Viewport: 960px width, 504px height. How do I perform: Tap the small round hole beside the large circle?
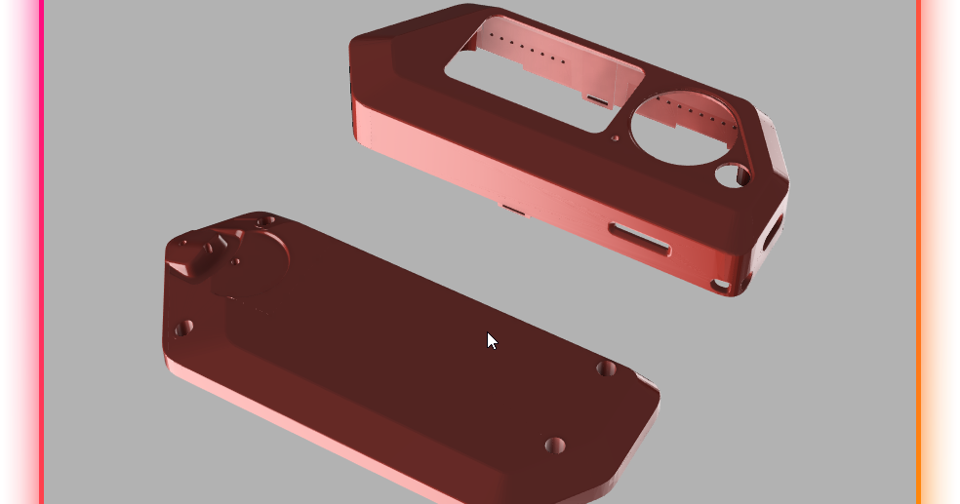pos(731,175)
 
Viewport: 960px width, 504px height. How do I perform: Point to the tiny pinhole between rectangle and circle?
pos(614,138)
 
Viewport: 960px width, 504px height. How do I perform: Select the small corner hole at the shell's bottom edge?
pos(721,285)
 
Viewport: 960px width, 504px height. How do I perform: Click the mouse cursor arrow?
pos(492,340)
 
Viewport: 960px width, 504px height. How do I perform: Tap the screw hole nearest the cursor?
pos(606,368)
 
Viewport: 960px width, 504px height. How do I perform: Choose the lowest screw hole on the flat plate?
pos(554,446)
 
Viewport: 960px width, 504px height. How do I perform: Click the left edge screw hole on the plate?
pos(183,329)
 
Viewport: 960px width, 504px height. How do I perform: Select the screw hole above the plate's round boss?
pos(261,222)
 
